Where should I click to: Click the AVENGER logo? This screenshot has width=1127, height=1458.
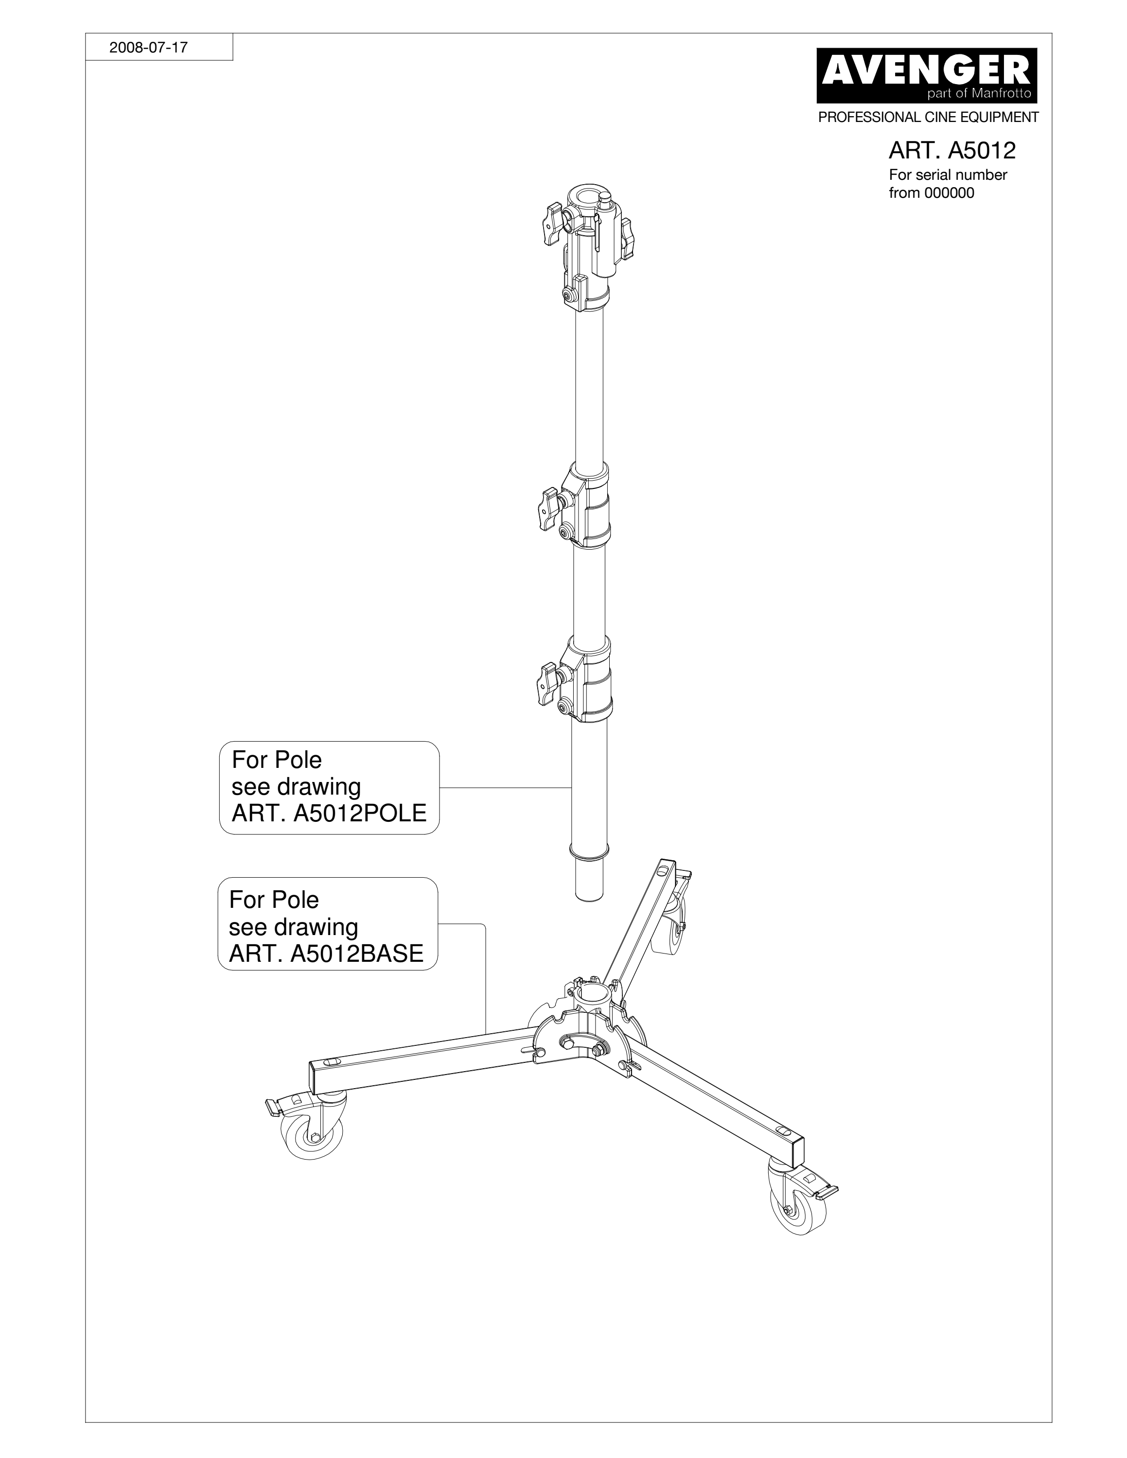tap(927, 75)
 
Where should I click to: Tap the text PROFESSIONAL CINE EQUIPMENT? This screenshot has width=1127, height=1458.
tap(929, 118)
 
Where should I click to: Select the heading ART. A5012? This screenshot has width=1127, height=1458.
tap(951, 151)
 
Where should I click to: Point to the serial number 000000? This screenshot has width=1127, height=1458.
tap(949, 193)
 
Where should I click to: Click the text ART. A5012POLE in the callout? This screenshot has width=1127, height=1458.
tap(329, 813)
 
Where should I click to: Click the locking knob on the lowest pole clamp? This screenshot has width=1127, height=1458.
tap(549, 683)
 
